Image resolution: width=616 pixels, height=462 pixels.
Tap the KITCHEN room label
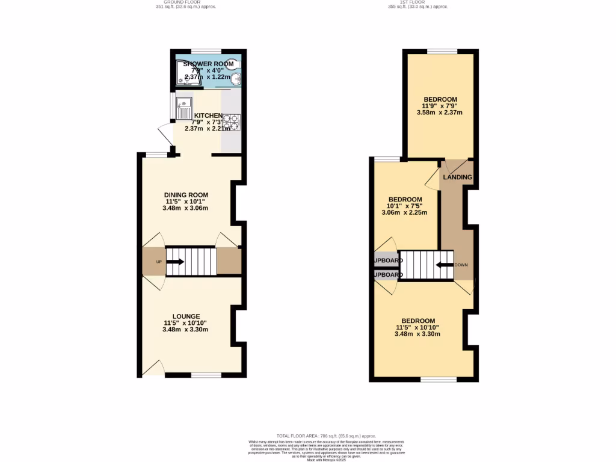208,115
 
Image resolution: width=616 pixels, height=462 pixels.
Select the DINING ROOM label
186,195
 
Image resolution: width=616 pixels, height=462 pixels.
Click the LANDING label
457,177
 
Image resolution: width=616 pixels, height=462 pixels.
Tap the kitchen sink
183,108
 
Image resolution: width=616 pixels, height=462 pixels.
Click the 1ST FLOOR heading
418,2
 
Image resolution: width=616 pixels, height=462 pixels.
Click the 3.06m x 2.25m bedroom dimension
404,212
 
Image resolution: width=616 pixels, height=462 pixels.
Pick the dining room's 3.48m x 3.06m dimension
185,208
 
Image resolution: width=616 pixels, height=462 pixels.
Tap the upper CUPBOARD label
388,260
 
